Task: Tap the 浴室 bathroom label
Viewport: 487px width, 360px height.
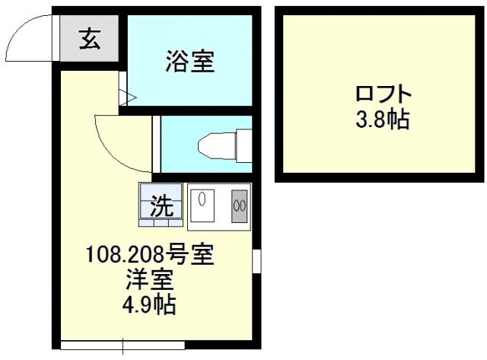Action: (189, 60)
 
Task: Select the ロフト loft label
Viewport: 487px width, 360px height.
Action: (383, 96)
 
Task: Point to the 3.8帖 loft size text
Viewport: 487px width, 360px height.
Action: (383, 119)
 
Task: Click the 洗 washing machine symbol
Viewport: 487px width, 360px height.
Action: (161, 205)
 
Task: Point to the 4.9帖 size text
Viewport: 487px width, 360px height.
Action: (150, 306)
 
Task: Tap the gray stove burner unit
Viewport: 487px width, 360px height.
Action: (240, 204)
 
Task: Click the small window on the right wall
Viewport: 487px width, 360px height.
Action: (256, 260)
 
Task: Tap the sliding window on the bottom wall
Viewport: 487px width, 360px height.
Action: (122, 345)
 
